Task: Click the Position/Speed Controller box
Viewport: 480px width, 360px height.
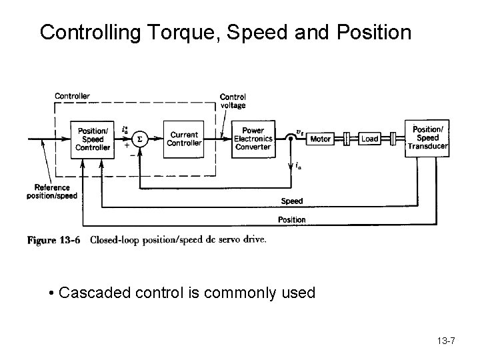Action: pyautogui.click(x=93, y=139)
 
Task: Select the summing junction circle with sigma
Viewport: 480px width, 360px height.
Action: pyautogui.click(x=139, y=139)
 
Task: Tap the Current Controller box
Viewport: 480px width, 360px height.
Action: pyautogui.click(x=183, y=139)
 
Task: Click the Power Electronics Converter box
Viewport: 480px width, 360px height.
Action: pyautogui.click(x=253, y=139)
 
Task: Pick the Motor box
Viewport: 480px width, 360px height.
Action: pyautogui.click(x=321, y=139)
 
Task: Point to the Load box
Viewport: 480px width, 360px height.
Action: pyautogui.click(x=369, y=139)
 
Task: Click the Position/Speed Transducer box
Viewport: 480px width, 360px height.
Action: pyautogui.click(x=427, y=138)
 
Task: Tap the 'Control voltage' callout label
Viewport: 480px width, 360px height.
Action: pyautogui.click(x=233, y=101)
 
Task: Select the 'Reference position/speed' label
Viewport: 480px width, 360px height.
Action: pyautogui.click(x=51, y=192)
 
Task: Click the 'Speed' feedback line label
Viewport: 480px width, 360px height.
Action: pyautogui.click(x=291, y=201)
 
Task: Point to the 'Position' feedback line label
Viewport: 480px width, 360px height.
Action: pyautogui.click(x=291, y=219)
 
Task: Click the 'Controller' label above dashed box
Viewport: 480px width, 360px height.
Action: pyautogui.click(x=72, y=96)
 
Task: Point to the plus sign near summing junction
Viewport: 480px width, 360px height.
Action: pyautogui.click(x=127, y=152)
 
